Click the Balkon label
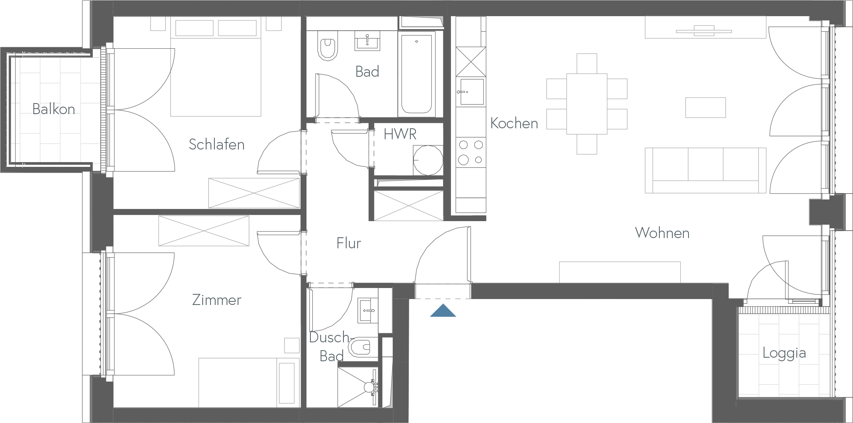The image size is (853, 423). pos(54,109)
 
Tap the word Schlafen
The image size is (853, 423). pos(216,144)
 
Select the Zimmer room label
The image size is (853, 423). pos(216,300)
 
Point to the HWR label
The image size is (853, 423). pos(400,134)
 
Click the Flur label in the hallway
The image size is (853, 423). pos(348,243)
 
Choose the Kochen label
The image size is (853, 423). pos(514,124)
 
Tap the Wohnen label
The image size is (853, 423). pos(662,233)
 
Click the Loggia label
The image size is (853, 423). pos(784,353)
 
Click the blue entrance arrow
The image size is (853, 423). pos(443,310)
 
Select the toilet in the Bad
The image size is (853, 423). pos(328,49)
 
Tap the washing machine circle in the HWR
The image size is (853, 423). pos(428,160)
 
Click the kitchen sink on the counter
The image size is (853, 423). pos(471,92)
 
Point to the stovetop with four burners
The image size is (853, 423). pos(471,152)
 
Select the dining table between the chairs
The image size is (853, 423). pos(587,103)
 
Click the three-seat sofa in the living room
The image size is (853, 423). pos(705,170)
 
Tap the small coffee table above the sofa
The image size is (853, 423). pos(705,107)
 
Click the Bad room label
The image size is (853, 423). pos(367,72)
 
